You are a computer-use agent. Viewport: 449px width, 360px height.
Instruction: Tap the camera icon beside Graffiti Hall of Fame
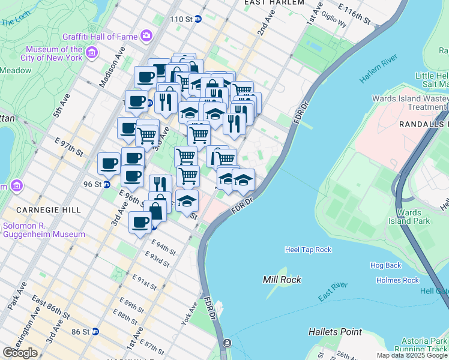pyautogui.click(x=146, y=36)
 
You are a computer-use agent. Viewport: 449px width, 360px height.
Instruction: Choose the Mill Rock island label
pyautogui.click(x=282, y=280)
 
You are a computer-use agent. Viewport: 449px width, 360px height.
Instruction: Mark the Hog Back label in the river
pyautogui.click(x=385, y=265)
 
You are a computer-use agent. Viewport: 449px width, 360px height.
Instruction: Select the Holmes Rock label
pyautogui.click(x=397, y=280)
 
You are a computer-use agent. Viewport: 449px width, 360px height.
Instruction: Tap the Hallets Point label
pyautogui.click(x=335, y=332)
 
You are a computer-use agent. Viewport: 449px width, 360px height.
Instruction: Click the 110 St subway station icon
pyautogui.click(x=198, y=19)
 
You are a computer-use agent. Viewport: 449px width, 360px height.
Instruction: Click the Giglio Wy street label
pyautogui.click(x=334, y=19)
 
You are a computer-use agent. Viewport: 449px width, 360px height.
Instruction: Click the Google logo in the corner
pyautogui.click(x=20, y=353)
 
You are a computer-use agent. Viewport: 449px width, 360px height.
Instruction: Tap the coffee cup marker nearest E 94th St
pyautogui.click(x=140, y=223)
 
